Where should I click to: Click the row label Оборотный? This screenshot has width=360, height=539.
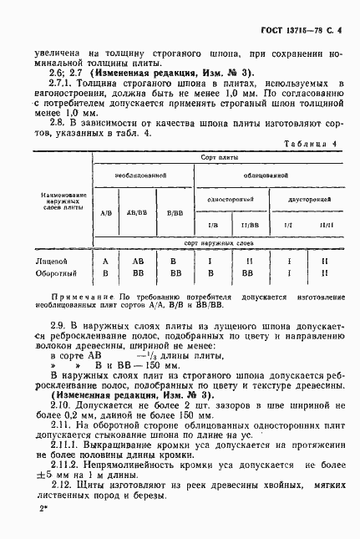[48, 272]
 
